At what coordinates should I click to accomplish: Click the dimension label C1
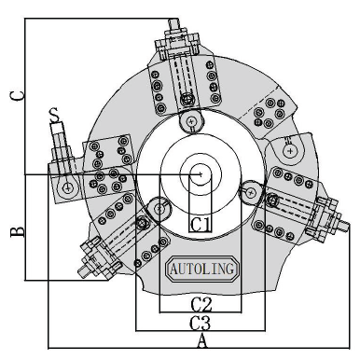(201, 224)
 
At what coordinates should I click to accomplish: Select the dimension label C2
(201, 305)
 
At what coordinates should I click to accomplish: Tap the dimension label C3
(201, 323)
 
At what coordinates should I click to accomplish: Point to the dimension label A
(202, 341)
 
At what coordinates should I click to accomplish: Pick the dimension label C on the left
(17, 95)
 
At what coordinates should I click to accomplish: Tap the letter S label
(55, 115)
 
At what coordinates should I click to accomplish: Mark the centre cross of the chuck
(201, 174)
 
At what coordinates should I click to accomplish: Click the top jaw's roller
(191, 120)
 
